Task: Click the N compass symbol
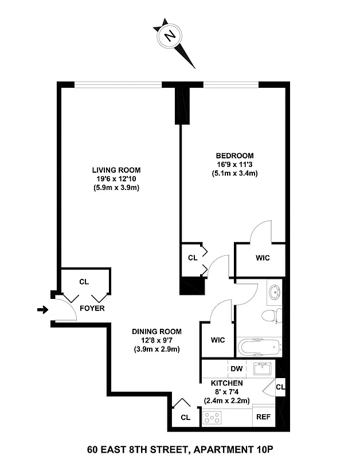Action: pyautogui.click(x=170, y=36)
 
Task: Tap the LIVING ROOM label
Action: pyautogui.click(x=116, y=170)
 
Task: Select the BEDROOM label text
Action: pyautogui.click(x=234, y=155)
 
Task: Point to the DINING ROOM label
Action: pyautogui.click(x=156, y=332)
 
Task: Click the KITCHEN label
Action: pyautogui.click(x=227, y=383)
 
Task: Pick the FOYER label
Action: pyautogui.click(x=92, y=308)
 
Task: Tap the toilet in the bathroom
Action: pyautogui.click(x=270, y=315)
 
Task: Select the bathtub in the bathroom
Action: pyautogui.click(x=259, y=346)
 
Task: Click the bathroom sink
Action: pyautogui.click(x=275, y=291)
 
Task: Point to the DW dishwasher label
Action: pyautogui.click(x=236, y=368)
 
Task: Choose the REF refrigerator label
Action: pyautogui.click(x=263, y=418)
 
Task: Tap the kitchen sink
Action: pyautogui.click(x=264, y=368)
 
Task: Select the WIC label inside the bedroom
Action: pyautogui.click(x=262, y=258)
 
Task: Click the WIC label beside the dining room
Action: pyautogui.click(x=217, y=340)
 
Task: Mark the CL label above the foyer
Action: pyautogui.click(x=84, y=282)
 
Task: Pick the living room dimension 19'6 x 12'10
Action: pyautogui.click(x=116, y=179)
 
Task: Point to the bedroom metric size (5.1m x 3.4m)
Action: pyautogui.click(x=234, y=173)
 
